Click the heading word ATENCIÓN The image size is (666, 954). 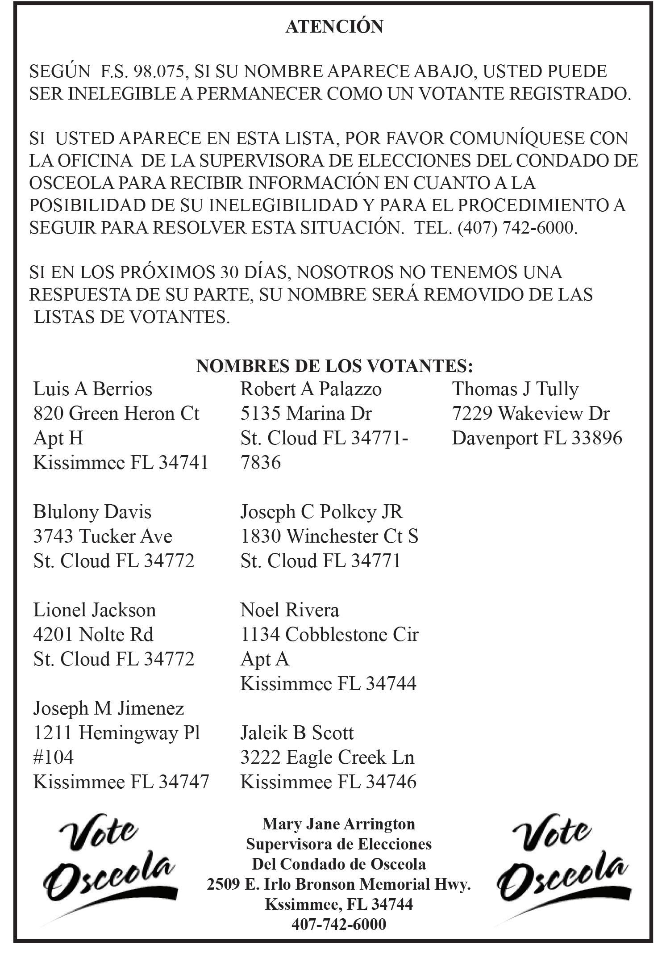(334, 27)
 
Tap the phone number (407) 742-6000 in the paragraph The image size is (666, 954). (516, 228)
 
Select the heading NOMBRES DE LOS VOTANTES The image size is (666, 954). (334, 366)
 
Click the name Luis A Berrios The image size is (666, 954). (93, 389)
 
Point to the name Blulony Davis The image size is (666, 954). (92, 512)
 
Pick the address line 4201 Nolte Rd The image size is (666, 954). (93, 635)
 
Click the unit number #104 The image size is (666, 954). (54, 757)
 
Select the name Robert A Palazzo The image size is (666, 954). (311, 389)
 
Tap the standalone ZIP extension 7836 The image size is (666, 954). (261, 463)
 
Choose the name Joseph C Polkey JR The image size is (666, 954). (321, 512)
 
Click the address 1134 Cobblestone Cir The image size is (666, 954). (329, 635)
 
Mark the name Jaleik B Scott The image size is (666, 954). (297, 733)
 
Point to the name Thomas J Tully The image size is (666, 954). (516, 389)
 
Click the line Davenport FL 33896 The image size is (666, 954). (537, 438)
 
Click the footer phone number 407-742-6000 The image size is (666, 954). (338, 924)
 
